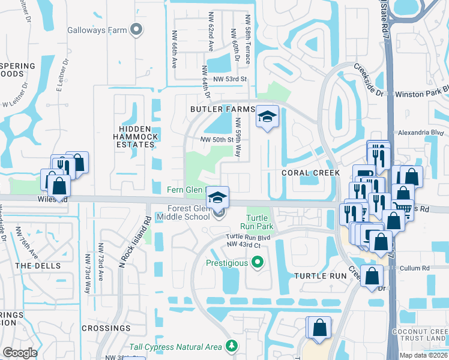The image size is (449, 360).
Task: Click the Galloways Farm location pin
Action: coord(137,28)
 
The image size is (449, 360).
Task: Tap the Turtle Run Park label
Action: coord(260,221)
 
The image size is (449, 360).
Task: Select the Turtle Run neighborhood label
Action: coord(321,276)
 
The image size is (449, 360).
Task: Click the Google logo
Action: coord(20,353)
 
